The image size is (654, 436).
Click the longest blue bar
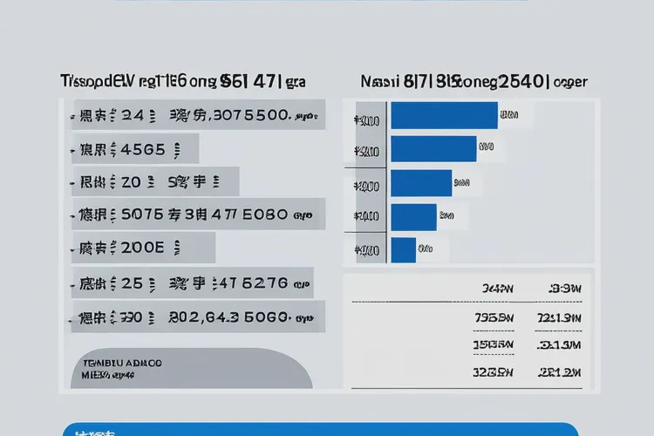click(445, 115)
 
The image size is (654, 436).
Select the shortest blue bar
click(404, 249)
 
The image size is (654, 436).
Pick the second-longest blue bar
click(434, 149)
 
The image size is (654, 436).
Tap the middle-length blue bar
click(422, 182)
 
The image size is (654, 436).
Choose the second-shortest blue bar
click(414, 216)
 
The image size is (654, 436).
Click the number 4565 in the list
click(142, 149)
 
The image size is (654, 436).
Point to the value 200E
click(142, 248)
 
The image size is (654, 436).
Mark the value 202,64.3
click(204, 317)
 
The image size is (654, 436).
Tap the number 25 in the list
click(133, 283)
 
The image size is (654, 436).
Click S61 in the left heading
click(237, 83)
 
